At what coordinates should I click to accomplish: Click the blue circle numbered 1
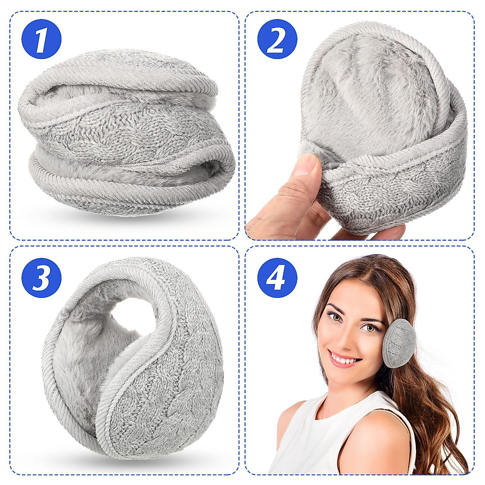41,39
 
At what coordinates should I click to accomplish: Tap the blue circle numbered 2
277,39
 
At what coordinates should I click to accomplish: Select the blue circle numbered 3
41,278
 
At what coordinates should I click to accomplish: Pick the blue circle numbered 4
277,278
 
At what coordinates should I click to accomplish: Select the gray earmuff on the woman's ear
399,343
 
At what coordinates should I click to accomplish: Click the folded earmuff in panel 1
125,133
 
